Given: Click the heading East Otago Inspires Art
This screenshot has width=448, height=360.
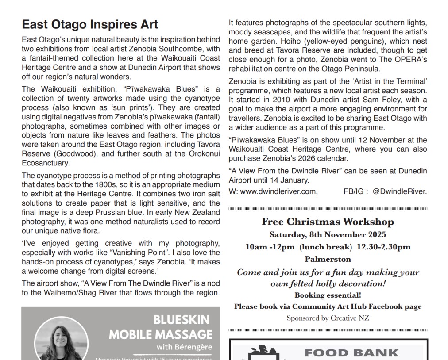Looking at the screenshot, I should click(90, 24).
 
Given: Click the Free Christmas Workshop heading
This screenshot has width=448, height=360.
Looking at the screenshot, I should click(328, 222).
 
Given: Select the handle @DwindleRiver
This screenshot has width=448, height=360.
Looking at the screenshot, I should click(400, 191).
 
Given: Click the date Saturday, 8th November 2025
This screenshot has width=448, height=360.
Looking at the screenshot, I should click(328, 234).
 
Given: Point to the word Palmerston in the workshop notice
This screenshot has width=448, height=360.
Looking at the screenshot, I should click(328, 259).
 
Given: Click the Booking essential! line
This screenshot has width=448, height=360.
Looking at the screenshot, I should click(328, 295).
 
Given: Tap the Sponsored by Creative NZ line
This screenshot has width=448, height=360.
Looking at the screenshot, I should click(328, 318).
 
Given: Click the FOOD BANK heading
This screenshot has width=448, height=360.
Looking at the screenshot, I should click(351, 353).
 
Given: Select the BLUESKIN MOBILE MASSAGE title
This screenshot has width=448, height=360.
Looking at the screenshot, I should click(161, 327).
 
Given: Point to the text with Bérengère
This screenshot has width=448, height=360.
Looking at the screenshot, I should click(184, 347).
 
